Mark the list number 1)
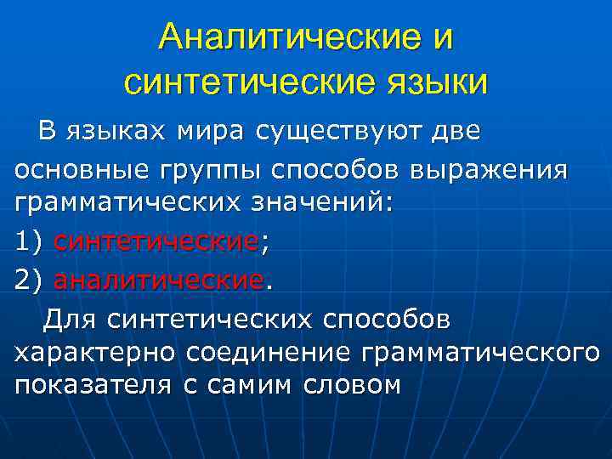pyautogui.click(x=29, y=242)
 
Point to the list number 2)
pyautogui.click(x=29, y=279)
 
